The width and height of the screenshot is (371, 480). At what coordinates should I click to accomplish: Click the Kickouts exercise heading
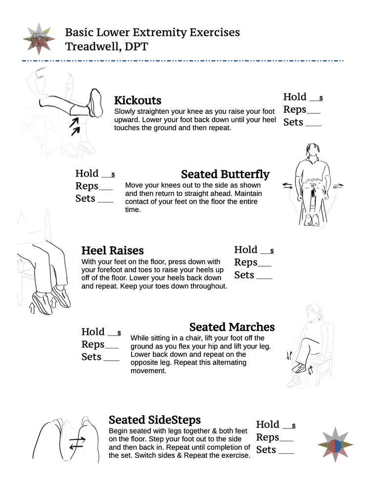tap(138, 100)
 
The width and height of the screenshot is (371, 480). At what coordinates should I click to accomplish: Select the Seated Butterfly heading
tap(225, 174)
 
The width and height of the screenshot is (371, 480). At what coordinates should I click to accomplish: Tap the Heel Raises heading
tap(112, 250)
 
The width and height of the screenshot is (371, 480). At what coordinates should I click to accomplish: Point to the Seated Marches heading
tap(232, 327)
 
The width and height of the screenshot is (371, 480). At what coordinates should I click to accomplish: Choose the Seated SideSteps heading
tap(154, 420)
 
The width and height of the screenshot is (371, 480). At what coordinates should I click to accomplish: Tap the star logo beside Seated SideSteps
tap(335, 444)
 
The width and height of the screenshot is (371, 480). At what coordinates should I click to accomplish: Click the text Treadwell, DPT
tap(106, 47)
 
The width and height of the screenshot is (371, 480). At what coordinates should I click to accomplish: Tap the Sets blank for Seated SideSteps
tap(286, 452)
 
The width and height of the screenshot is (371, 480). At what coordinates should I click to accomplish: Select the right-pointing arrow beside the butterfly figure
tap(338, 186)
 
